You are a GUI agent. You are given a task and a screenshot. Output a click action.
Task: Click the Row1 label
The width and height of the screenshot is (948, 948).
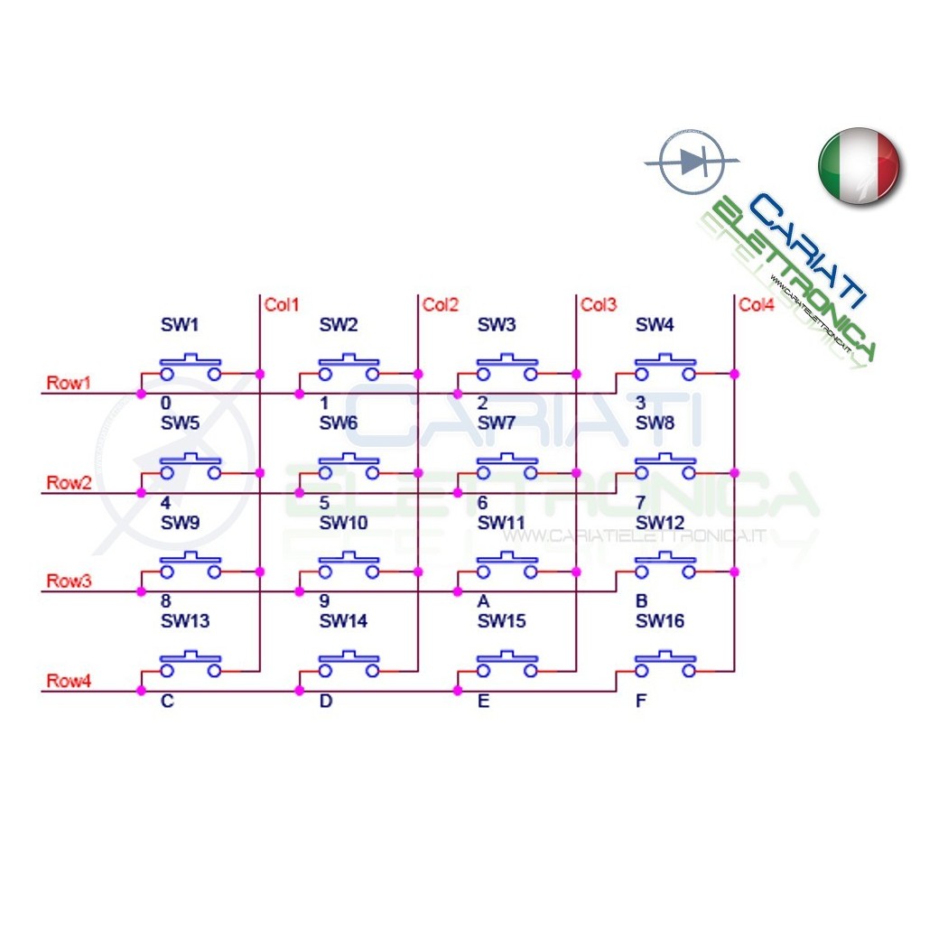pos(69,383)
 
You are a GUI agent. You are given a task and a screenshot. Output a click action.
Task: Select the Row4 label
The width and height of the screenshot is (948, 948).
pos(69,681)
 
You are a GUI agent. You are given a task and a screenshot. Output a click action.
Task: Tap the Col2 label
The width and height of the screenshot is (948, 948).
pos(441,305)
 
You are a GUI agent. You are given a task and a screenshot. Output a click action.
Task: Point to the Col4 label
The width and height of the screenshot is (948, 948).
pos(757,305)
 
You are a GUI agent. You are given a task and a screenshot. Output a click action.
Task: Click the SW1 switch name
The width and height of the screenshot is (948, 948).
pos(180,325)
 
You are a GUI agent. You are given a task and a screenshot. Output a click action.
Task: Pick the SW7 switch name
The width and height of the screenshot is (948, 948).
pos(497,423)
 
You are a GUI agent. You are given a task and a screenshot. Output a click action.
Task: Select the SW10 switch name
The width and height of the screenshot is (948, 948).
pos(343,523)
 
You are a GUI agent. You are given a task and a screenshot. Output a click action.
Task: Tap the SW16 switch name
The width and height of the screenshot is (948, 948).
pos(660,621)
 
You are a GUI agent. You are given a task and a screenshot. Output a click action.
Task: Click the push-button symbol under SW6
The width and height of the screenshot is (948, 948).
pos(349,467)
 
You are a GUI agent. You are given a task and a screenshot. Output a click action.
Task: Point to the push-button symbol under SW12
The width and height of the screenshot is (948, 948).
pos(665,565)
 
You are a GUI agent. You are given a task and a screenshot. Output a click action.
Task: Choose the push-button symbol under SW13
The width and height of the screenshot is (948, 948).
pos(191,664)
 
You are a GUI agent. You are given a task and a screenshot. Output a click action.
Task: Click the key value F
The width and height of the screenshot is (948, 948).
pos(641,702)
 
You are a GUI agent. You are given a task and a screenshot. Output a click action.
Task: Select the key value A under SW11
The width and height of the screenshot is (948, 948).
pos(483,601)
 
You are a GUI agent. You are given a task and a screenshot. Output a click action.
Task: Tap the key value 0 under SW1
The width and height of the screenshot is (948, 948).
pos(165,404)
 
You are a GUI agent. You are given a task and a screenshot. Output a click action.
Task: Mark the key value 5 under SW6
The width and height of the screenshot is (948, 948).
pos(324,502)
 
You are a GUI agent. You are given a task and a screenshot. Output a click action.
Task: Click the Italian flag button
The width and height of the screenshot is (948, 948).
pos(860,166)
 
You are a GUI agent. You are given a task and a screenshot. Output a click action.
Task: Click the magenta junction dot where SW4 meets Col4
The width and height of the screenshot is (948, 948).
pos(735,375)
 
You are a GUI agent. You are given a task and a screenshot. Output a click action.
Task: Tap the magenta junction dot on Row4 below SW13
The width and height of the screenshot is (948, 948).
pos(142,691)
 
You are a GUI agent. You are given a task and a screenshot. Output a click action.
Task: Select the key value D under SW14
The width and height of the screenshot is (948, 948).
pos(325,702)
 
